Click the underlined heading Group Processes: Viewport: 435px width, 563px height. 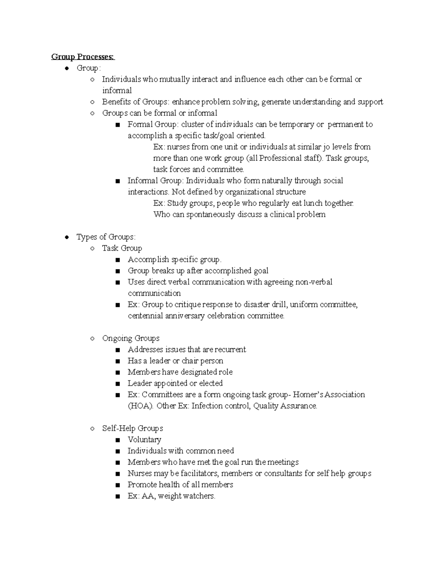[83, 57]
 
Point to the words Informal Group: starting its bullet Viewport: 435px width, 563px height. [156, 181]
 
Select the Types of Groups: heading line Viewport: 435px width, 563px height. [106, 237]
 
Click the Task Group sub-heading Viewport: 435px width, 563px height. [122, 248]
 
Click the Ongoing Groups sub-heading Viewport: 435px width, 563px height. [130, 338]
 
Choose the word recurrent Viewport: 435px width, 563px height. [230, 349]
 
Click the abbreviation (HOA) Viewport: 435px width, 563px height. [141, 406]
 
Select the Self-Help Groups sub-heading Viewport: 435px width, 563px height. [132, 428]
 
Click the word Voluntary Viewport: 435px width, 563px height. [144, 439]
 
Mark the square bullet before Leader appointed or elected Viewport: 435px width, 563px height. [117, 384]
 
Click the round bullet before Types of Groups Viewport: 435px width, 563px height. [67, 237]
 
